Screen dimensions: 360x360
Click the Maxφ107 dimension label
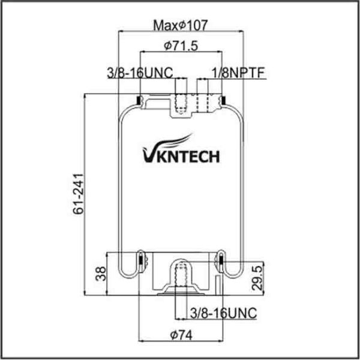coord(180,25)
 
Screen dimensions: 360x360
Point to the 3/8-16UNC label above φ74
coord(223,313)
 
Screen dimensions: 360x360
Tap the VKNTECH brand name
coord(180,157)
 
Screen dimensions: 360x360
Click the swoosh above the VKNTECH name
coord(178,140)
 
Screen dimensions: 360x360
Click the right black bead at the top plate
coord(221,100)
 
